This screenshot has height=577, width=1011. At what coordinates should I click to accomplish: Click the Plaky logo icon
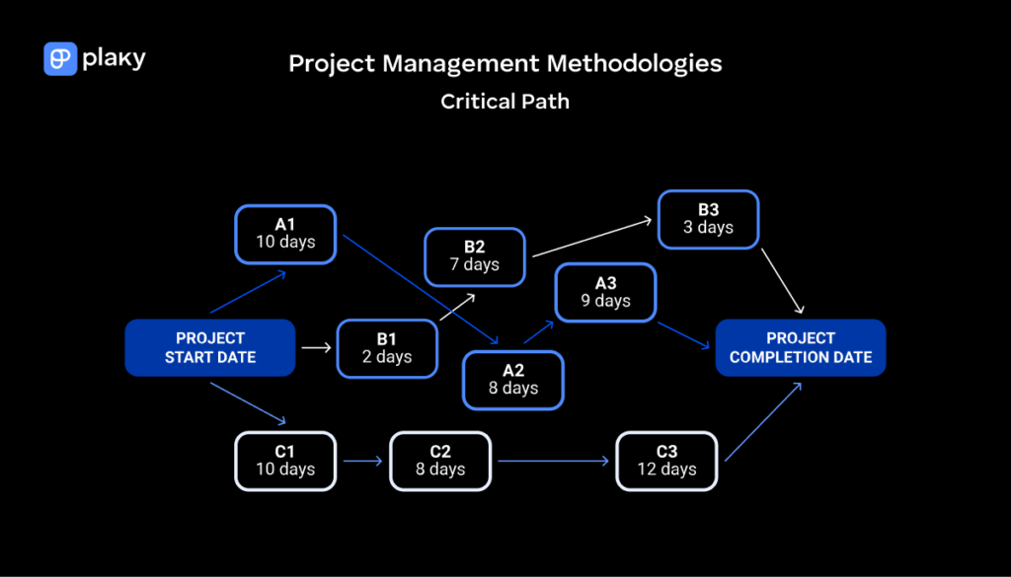tap(60, 59)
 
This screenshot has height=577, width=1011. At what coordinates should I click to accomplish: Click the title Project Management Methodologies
tap(505, 64)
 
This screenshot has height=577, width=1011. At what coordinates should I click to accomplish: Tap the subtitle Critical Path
tap(505, 101)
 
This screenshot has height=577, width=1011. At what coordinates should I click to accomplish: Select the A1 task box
tap(285, 234)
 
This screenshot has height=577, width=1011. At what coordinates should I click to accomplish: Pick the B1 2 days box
tap(387, 348)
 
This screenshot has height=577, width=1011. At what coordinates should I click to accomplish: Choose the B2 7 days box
tap(475, 256)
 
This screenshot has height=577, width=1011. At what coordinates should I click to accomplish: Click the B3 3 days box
tap(709, 219)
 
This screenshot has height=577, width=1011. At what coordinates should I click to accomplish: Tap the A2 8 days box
tap(513, 380)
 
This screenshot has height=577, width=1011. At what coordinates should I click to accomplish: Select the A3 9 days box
tap(606, 293)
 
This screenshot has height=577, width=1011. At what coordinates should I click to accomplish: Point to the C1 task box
tap(285, 461)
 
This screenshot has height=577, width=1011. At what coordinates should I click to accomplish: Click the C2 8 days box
tap(440, 461)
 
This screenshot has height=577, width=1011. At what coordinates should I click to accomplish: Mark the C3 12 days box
tap(666, 461)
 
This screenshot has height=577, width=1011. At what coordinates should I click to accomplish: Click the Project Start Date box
tap(210, 347)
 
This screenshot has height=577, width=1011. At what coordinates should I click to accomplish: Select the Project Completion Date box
tap(801, 347)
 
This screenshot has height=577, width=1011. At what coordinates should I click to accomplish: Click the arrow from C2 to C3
tap(553, 461)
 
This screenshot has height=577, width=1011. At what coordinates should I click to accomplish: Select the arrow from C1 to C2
tap(362, 461)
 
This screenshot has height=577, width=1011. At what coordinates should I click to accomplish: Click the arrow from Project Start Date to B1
tap(315, 347)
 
